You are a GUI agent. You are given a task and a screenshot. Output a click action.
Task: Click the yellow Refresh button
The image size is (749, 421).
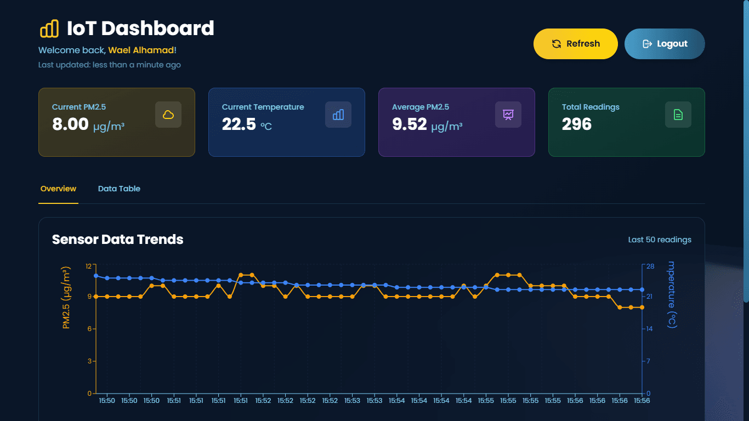(x=575, y=44)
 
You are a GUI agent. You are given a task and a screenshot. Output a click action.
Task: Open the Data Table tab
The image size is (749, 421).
(x=119, y=189)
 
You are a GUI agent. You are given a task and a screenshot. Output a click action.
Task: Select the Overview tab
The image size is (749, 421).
(x=58, y=189)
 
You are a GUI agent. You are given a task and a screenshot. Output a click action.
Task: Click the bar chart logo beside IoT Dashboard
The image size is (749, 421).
(x=49, y=29)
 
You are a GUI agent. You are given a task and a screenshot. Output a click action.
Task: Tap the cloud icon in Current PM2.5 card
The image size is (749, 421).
(x=168, y=115)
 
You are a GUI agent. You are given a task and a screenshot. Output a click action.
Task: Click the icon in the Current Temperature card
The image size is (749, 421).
(x=338, y=115)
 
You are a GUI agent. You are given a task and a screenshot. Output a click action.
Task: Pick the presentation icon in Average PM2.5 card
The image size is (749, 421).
(x=508, y=115)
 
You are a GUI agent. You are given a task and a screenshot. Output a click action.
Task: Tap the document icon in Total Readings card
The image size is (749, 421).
(x=678, y=115)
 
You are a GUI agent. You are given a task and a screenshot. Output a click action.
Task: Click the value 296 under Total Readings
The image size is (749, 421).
(x=576, y=124)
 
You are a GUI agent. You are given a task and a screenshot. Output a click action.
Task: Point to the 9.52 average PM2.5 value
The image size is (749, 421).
(x=409, y=124)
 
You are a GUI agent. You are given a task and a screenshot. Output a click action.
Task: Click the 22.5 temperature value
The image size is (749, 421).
(x=239, y=124)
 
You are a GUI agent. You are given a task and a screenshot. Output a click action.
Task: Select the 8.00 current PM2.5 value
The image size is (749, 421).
(x=70, y=124)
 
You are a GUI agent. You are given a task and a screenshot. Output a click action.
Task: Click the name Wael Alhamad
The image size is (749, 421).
(x=141, y=50)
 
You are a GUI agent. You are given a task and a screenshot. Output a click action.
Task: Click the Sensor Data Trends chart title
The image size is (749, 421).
(x=117, y=240)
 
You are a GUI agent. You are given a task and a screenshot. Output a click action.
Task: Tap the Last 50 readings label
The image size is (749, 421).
(x=660, y=240)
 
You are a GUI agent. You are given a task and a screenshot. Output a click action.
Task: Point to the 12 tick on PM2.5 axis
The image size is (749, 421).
(x=88, y=266)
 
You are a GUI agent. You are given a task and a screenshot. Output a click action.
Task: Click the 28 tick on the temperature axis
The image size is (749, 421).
(x=650, y=266)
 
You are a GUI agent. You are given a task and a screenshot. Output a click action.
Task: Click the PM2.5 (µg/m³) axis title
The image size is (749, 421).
(x=66, y=298)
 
